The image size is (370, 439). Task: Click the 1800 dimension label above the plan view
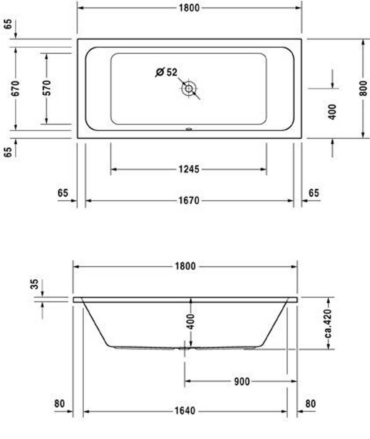pos(189,8)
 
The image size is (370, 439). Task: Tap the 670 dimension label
pos(16,88)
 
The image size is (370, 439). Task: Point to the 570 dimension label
pos(47,88)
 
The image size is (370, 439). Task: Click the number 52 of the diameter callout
pos(172,72)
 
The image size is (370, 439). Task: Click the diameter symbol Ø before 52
pos(160,72)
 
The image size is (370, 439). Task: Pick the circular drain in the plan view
pos(189,88)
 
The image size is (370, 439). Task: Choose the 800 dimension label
pos(363,88)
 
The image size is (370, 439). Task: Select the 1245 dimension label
pos(189,169)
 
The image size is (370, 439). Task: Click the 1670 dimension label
pos(189,201)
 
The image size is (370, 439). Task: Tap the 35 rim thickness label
pos(34,284)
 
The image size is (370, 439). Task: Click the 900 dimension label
pos(242,381)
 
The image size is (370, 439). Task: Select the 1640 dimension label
pos(185,411)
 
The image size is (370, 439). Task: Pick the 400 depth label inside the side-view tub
pos(190,321)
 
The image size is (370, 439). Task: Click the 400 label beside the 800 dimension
pos(332,112)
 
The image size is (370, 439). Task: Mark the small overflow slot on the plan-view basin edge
pos(189,129)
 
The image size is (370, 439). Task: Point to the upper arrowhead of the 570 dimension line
pos(47,55)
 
